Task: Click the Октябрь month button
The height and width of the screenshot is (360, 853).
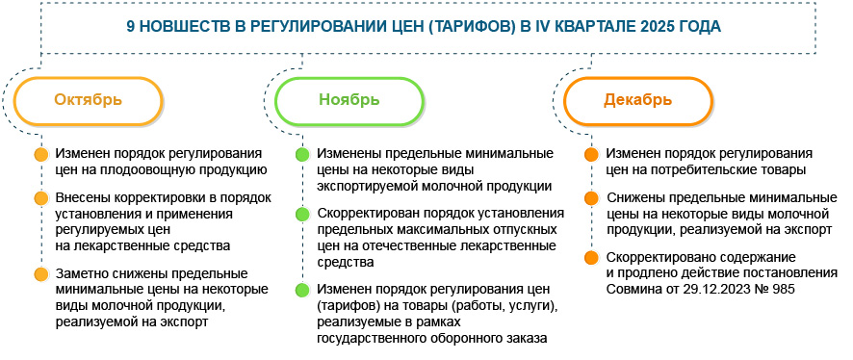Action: (x=88, y=100)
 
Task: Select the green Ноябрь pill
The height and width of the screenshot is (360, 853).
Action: (x=349, y=100)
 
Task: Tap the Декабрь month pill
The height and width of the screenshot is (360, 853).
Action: (x=632, y=100)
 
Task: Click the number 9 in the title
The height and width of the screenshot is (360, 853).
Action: (x=131, y=27)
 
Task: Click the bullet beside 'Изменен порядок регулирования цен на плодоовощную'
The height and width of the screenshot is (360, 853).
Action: (x=40, y=154)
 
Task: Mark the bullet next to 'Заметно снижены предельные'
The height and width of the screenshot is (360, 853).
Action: (x=40, y=273)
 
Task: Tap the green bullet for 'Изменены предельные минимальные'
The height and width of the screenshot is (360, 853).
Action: (x=302, y=154)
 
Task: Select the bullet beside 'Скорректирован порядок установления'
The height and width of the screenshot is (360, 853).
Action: (x=302, y=214)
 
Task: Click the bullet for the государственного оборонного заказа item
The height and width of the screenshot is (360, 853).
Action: (x=302, y=289)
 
